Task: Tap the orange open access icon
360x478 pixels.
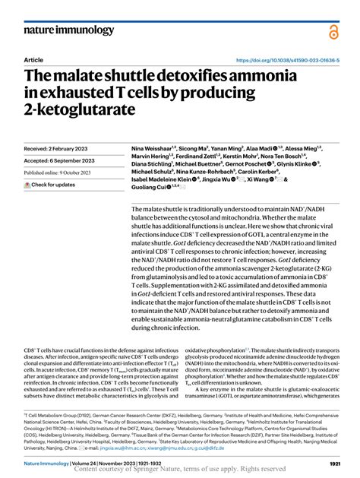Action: [334, 31]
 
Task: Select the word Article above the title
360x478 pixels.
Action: [34, 59]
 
